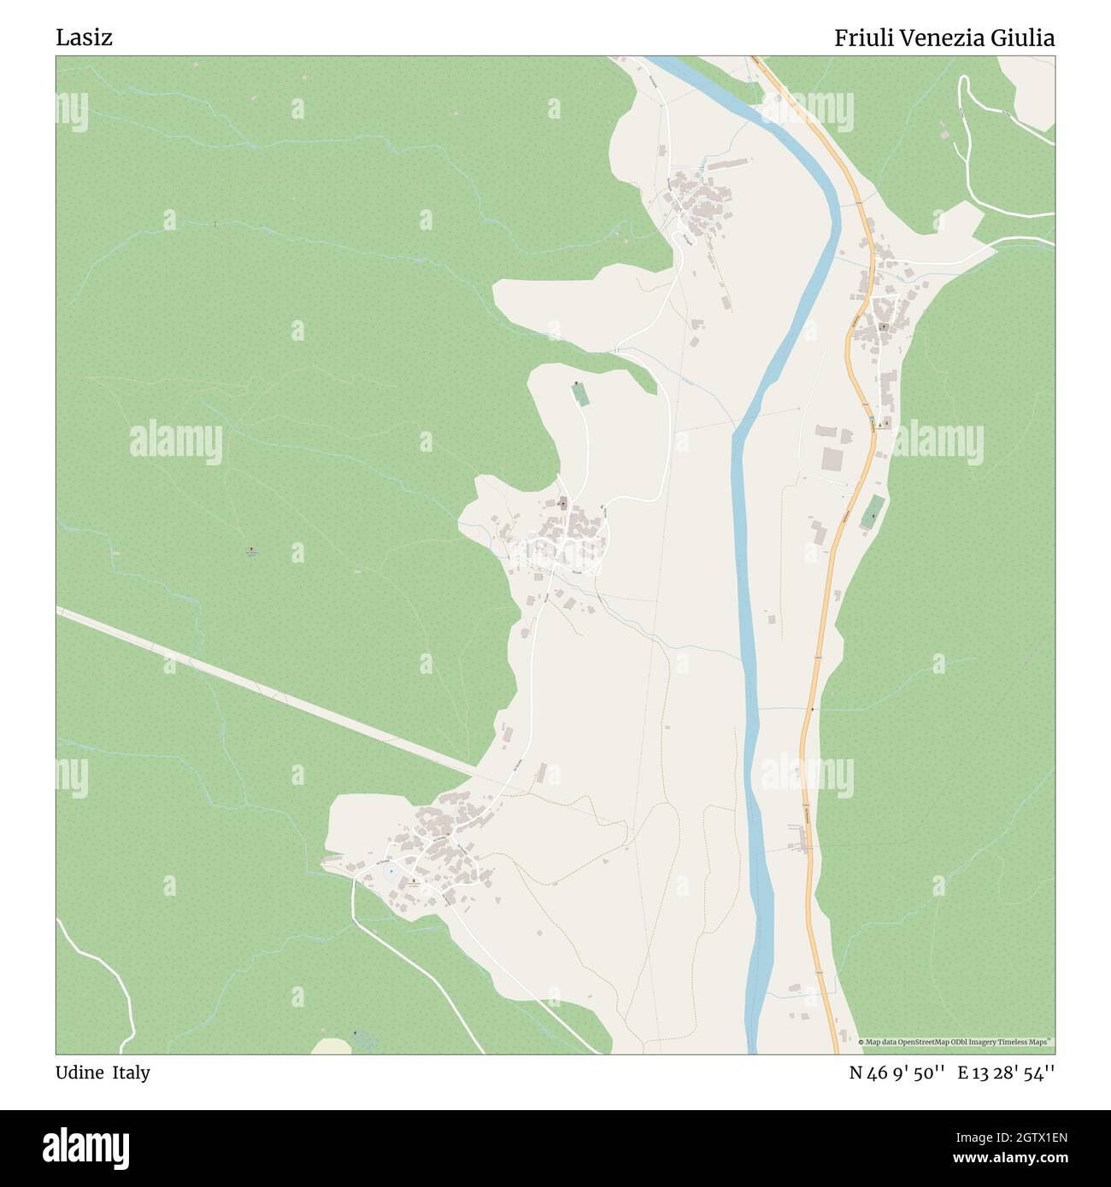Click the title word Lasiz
pyautogui.click(x=84, y=38)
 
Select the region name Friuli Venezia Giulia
pyautogui.click(x=943, y=38)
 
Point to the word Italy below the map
pyautogui.click(x=130, y=1073)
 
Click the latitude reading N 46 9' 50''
pyautogui.click(x=896, y=1073)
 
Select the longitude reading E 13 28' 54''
pyautogui.click(x=1006, y=1073)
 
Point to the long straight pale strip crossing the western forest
pyautogui.click(x=256, y=683)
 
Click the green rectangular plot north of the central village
pyautogui.click(x=580, y=395)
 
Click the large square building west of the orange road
pyautogui.click(x=832, y=460)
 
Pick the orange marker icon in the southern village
pyautogui.click(x=447, y=833)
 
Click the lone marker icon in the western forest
pyautogui.click(x=250, y=550)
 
